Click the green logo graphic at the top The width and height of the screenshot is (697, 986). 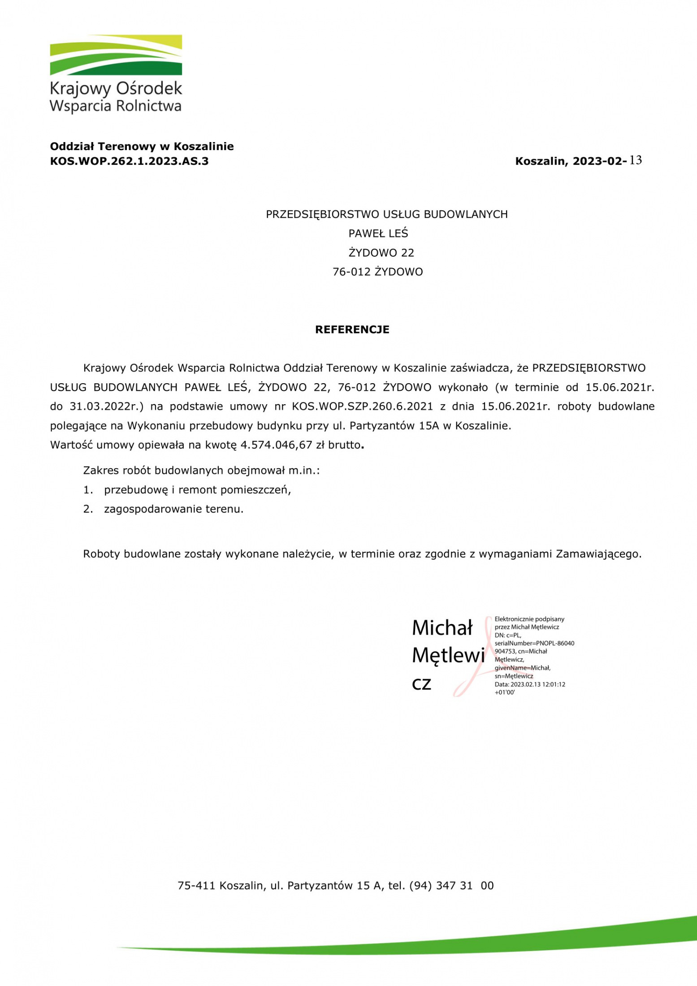point(116,55)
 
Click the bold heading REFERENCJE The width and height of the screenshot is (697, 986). point(352,329)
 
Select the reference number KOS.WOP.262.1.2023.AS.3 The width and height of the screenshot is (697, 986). point(129,161)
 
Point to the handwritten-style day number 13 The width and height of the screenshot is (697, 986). point(636,160)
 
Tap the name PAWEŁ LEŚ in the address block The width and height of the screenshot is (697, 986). point(378,234)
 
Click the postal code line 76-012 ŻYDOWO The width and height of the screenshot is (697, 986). point(377,272)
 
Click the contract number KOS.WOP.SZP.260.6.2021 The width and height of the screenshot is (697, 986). point(362,407)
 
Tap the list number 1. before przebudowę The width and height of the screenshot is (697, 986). point(88,490)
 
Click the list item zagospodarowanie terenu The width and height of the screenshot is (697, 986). point(173,509)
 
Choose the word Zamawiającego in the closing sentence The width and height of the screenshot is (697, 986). point(598,554)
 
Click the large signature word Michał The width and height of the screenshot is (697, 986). point(442,628)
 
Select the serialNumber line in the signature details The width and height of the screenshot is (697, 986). point(534,643)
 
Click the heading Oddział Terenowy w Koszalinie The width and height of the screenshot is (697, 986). point(142,146)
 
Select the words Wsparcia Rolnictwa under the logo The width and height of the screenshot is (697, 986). point(115,106)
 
